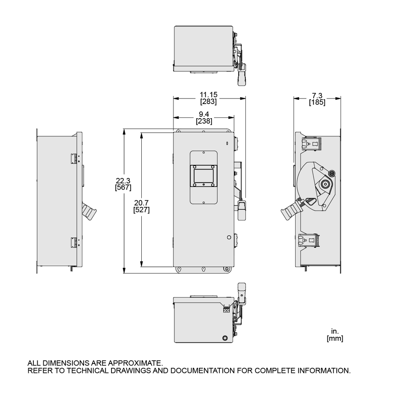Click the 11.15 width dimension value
(208, 95)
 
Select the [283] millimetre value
(208, 101)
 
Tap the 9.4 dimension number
(204, 115)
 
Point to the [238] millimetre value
(204, 121)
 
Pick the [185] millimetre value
(317, 103)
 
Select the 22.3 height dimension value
(123, 181)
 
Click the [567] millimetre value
(123, 187)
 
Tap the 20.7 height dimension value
(141, 203)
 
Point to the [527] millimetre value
(141, 210)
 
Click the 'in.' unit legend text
(334, 332)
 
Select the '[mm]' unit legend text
(335, 338)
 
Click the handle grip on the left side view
(90, 213)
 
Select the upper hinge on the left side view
(73, 158)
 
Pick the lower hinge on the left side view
(73, 242)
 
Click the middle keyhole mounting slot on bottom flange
(203, 269)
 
